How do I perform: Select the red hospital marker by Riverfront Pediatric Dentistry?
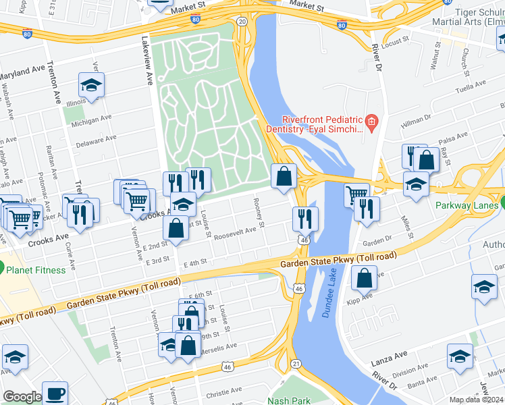(371, 121)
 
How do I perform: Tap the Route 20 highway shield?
(242, 22)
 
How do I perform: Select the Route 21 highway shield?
(296, 364)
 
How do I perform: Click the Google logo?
(22, 397)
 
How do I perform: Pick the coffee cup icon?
(55, 392)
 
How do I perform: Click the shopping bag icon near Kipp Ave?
(364, 277)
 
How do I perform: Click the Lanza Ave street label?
(390, 354)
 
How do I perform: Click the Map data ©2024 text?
(477, 400)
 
